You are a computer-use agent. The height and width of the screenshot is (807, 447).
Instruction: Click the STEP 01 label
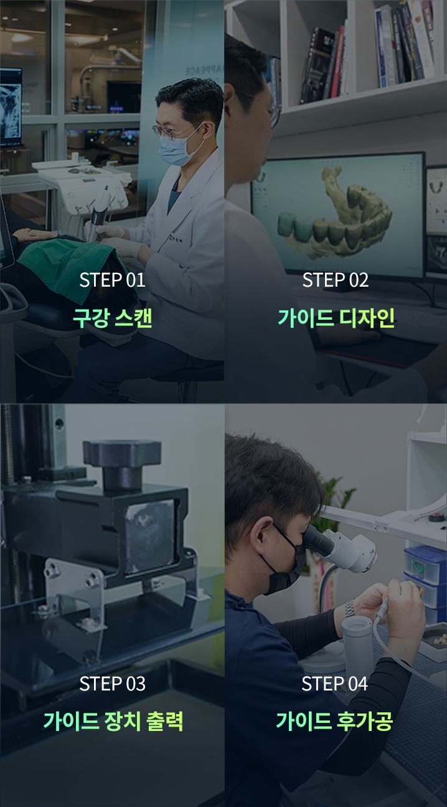[112, 280]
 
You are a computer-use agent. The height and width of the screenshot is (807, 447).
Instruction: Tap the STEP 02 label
[336, 280]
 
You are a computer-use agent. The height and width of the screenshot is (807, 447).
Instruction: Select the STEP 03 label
[112, 684]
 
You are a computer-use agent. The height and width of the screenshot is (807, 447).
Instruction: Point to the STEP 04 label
[335, 684]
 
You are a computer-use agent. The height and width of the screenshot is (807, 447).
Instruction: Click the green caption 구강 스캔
[112, 318]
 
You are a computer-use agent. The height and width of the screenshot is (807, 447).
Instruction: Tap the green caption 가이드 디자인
[336, 318]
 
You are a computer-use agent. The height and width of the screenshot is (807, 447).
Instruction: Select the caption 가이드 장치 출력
[113, 722]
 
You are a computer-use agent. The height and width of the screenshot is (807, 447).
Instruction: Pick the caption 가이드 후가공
[334, 722]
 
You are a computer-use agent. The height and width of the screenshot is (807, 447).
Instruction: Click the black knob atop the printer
[121, 463]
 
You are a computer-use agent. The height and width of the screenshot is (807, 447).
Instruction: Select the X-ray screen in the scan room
[11, 107]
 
